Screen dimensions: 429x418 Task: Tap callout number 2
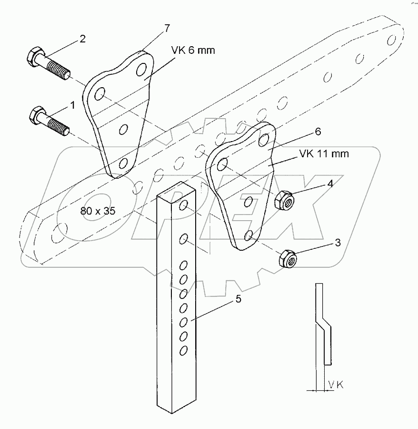click(x=82, y=39)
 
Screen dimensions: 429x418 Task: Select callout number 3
click(x=337, y=243)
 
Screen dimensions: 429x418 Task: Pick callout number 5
click(x=239, y=299)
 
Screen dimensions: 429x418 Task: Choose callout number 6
click(x=318, y=131)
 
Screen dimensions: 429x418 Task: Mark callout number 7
click(x=167, y=29)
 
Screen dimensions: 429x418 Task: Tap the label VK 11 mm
click(x=324, y=154)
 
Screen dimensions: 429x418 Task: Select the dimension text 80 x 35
click(x=98, y=211)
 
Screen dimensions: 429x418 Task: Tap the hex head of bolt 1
click(x=37, y=115)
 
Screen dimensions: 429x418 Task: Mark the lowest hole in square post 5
click(x=183, y=350)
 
